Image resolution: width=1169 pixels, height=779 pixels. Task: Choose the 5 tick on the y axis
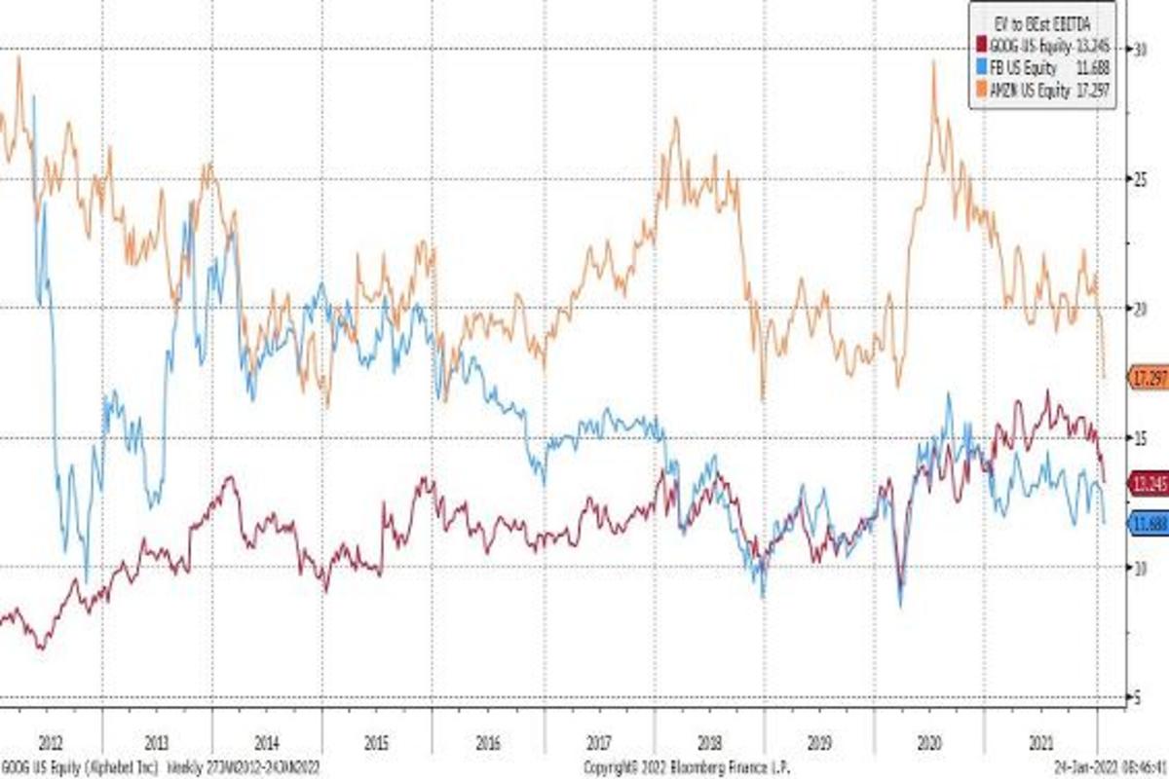pos(1136,696)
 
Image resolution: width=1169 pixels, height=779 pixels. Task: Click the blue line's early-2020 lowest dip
pos(901,606)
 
